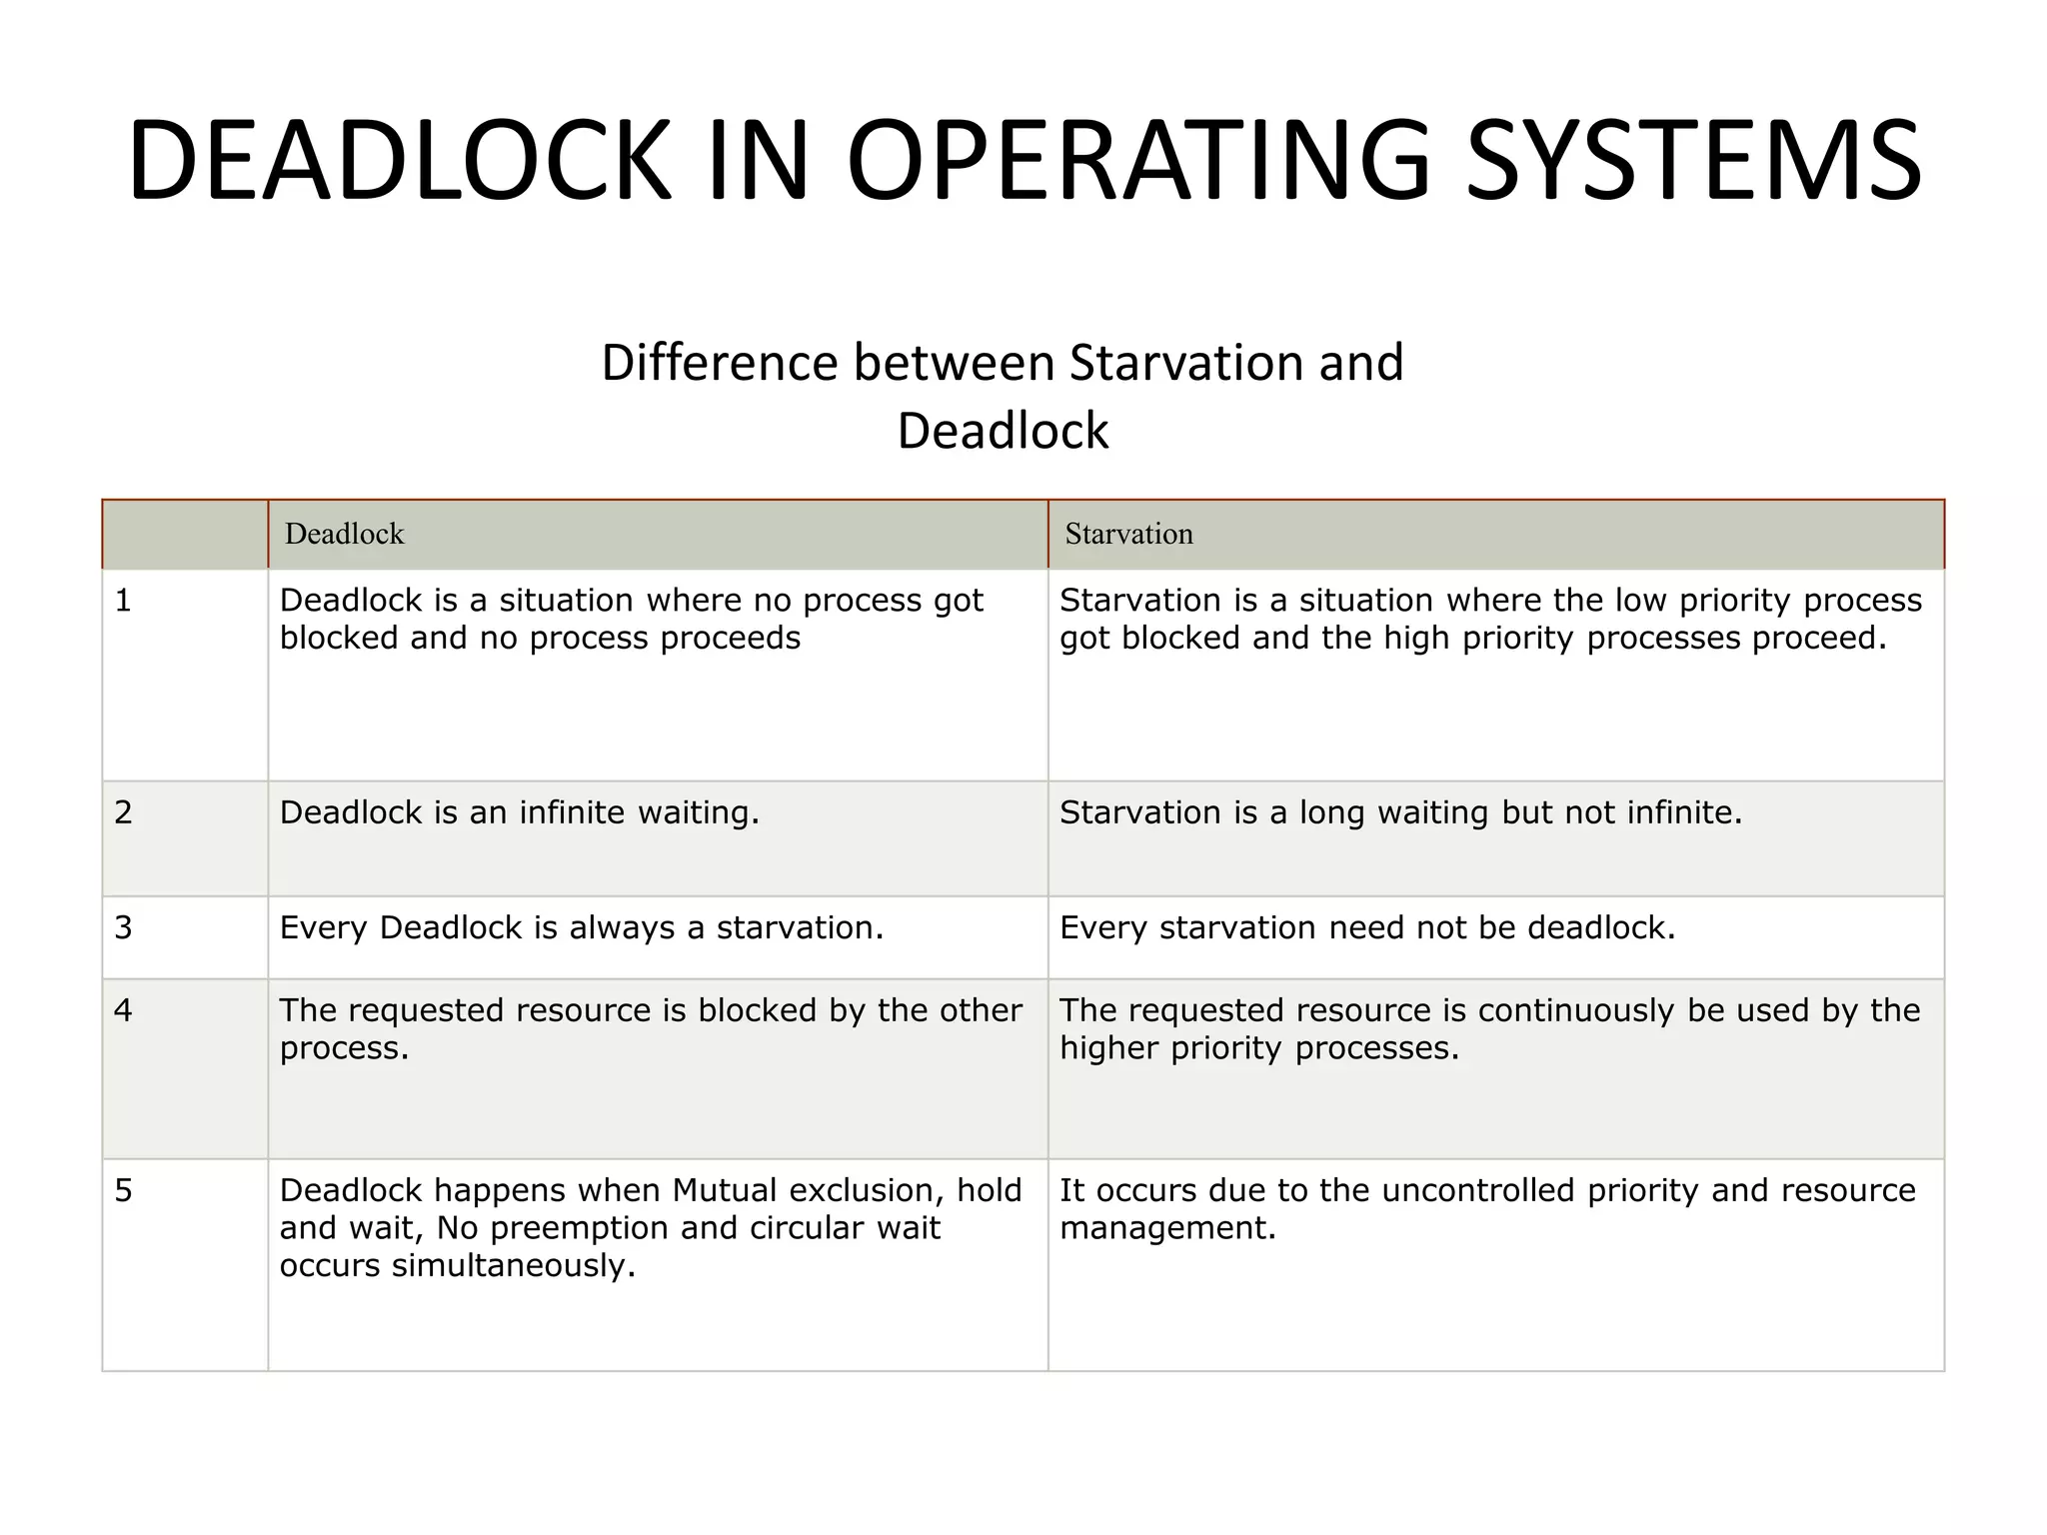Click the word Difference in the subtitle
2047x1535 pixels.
click(719, 363)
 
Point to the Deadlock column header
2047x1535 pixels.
click(344, 534)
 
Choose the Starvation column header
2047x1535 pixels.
click(1128, 534)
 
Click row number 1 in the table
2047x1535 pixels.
click(123, 601)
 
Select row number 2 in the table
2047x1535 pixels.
click(123, 812)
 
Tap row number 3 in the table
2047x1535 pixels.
click(123, 927)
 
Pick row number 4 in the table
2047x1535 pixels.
click(123, 1010)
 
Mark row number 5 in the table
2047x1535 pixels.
click(123, 1190)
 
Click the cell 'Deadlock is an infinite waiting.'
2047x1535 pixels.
click(520, 812)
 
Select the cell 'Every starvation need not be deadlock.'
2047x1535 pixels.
click(1367, 927)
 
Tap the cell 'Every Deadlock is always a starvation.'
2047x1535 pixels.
click(582, 927)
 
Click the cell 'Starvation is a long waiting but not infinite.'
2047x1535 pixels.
click(1400, 812)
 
